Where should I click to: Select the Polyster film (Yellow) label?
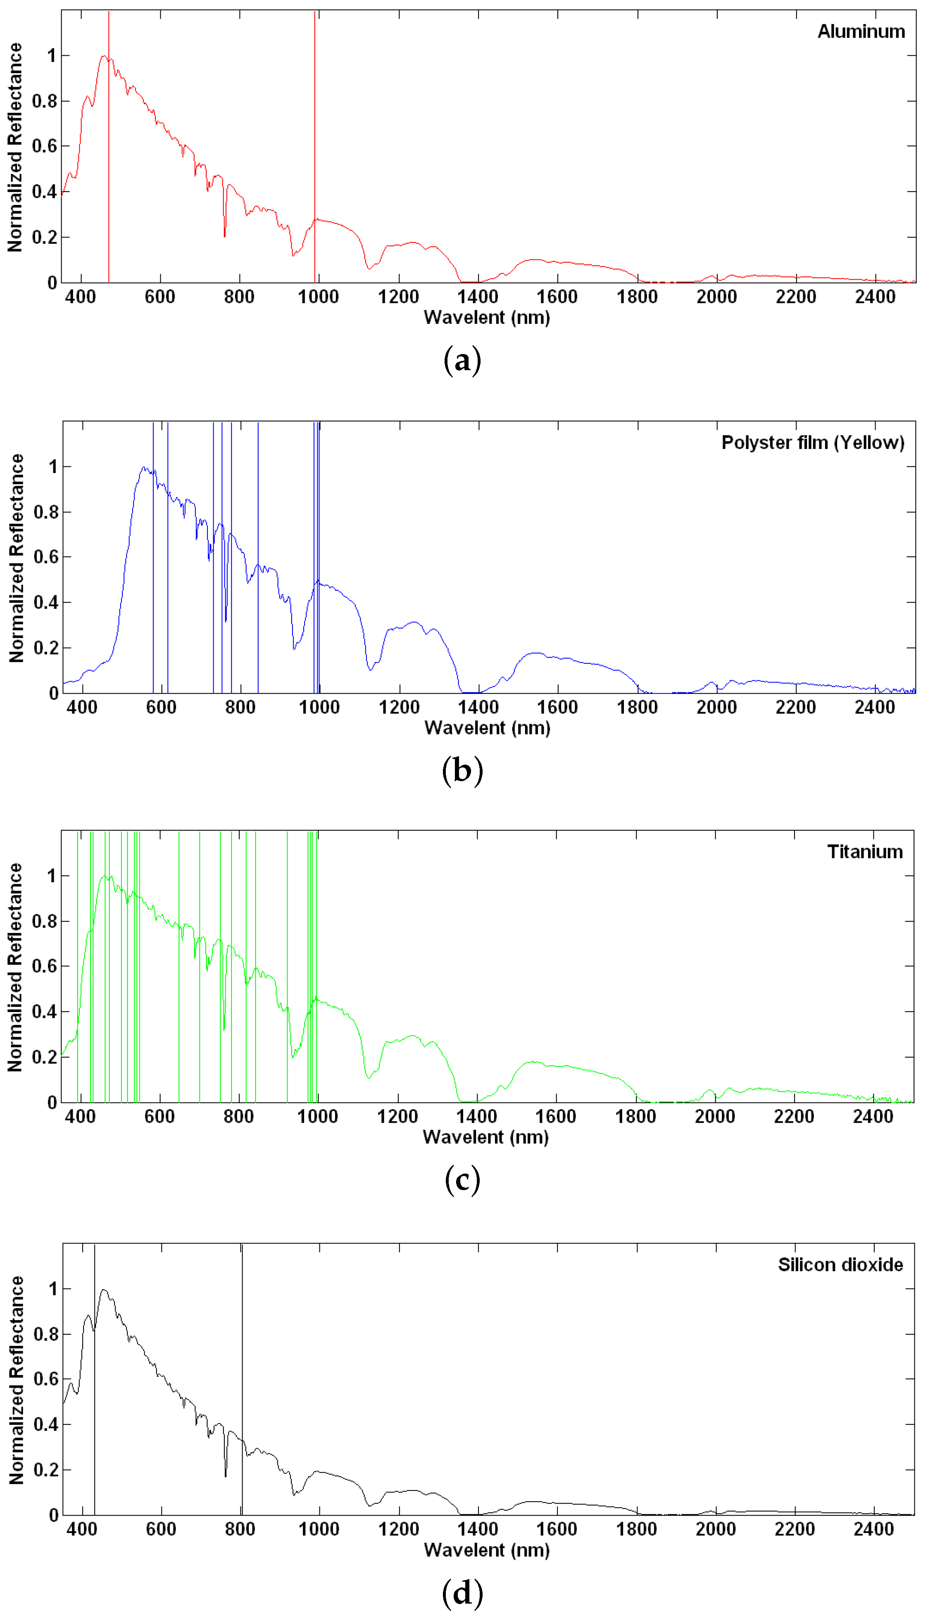point(813,442)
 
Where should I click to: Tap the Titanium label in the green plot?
point(864,851)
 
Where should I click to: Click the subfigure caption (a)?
point(462,360)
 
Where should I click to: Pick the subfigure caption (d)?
point(462,1592)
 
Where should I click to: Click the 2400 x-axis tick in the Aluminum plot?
point(875,297)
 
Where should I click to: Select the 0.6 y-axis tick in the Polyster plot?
point(46,557)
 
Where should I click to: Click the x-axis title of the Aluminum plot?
point(487,317)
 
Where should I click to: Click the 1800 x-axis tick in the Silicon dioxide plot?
point(636,1529)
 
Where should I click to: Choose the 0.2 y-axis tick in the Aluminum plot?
point(45,237)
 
